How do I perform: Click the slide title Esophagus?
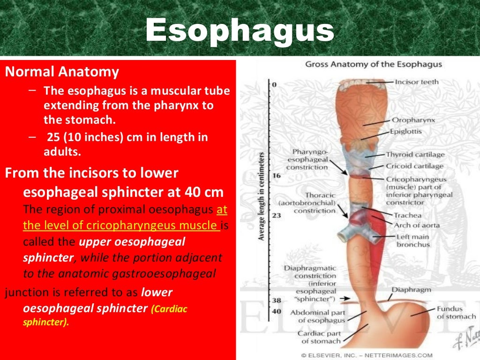pyautogui.click(x=240, y=31)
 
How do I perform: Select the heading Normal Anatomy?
pyautogui.click(x=62, y=72)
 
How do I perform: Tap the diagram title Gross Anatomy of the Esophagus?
pyautogui.click(x=374, y=64)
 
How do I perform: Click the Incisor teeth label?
pyautogui.click(x=417, y=82)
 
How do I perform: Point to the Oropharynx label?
pyautogui.click(x=413, y=120)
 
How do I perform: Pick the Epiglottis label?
pyautogui.click(x=406, y=132)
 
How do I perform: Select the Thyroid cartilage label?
pyautogui.click(x=415, y=154)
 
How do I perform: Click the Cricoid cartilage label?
pyautogui.click(x=414, y=166)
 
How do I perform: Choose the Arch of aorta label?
pyautogui.click(x=416, y=225)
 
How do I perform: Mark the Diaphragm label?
pyautogui.click(x=411, y=290)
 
